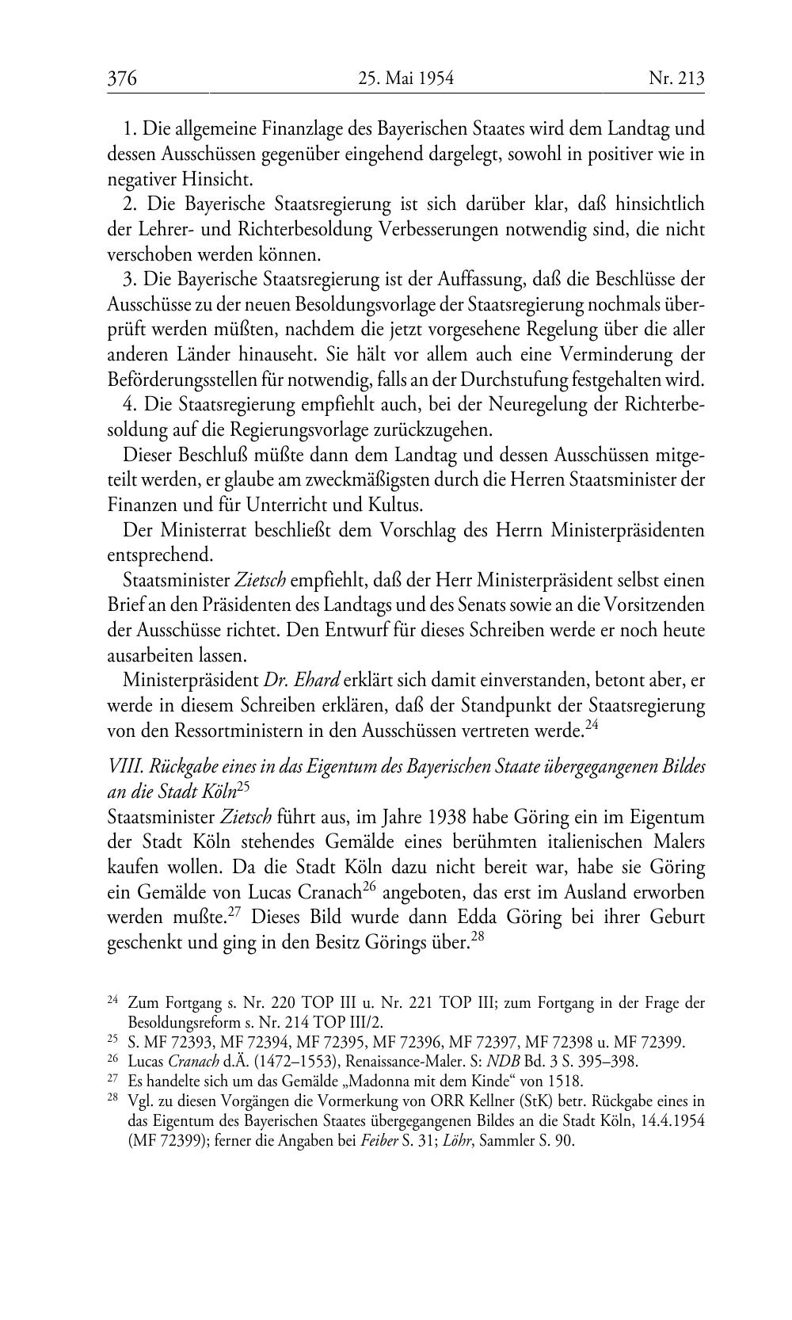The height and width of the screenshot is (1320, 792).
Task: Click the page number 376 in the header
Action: (123, 78)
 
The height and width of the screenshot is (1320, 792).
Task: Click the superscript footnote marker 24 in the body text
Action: (591, 723)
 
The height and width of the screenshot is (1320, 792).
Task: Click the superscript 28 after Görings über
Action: (478, 937)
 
